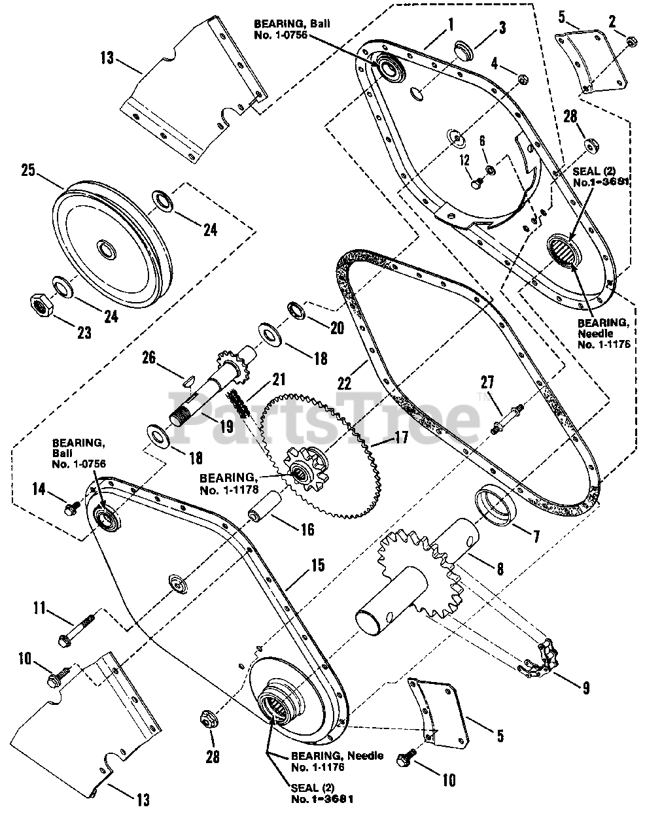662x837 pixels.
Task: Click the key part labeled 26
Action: [x=187, y=377]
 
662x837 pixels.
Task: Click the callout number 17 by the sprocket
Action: [x=400, y=437]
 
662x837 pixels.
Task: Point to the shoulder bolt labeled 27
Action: [x=504, y=418]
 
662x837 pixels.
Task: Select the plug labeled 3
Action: [x=465, y=50]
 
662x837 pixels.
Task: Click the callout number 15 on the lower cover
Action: [x=317, y=565]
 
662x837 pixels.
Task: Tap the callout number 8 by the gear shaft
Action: [x=500, y=568]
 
